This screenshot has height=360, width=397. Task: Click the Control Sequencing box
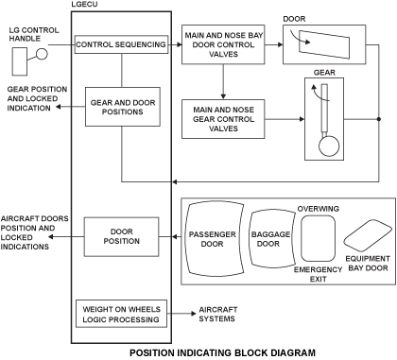click(121, 44)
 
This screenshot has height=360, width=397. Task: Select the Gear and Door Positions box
click(123, 107)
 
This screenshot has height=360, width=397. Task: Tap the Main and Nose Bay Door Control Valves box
click(223, 44)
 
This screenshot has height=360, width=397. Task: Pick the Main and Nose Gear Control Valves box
click(223, 119)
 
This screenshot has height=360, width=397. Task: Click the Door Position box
click(121, 236)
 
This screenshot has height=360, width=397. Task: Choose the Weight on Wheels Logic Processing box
click(121, 314)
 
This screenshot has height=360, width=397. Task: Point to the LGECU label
click(84, 5)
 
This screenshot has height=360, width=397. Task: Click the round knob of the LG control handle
click(42, 54)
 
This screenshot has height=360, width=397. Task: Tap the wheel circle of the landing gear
click(329, 146)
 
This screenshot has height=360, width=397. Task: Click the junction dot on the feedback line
click(379, 119)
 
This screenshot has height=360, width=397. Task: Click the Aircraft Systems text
click(218, 314)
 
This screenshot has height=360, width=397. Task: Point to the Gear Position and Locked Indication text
click(37, 98)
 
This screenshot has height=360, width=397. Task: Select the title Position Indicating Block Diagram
click(222, 352)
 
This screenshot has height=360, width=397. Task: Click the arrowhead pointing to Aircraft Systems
click(194, 314)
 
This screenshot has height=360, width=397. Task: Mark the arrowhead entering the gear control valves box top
click(223, 97)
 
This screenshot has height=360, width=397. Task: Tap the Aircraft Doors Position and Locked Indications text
click(34, 232)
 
